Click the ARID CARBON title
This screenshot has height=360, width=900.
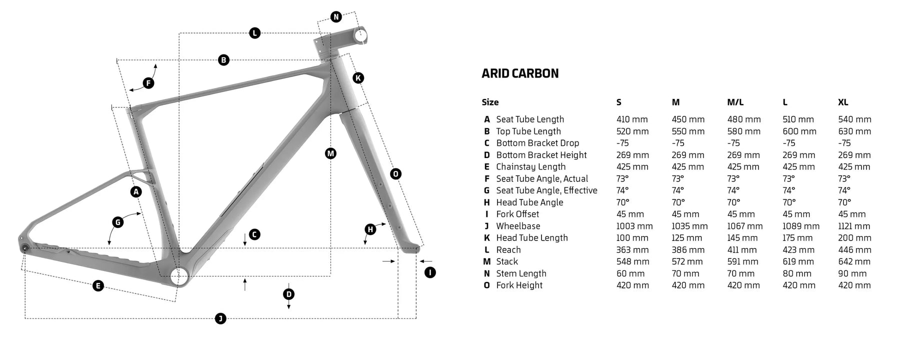[x=520, y=73]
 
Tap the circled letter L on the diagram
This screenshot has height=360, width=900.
[x=254, y=33]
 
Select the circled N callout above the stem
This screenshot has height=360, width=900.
[x=336, y=17]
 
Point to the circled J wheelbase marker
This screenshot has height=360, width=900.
[x=220, y=318]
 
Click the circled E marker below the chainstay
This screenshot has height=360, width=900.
[x=98, y=285]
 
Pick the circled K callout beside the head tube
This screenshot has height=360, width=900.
[x=358, y=78]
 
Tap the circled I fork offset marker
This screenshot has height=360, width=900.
[x=429, y=272]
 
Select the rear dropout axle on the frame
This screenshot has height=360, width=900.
[x=25, y=248]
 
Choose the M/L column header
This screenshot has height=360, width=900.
[x=735, y=102]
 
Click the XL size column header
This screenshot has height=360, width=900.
[x=843, y=102]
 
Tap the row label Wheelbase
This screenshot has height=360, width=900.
[x=518, y=226]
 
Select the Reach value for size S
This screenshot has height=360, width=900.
[x=632, y=250]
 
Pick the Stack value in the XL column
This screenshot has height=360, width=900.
[x=854, y=261]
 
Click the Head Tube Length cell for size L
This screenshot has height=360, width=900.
[x=797, y=238]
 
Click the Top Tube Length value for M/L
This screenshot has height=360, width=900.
[x=743, y=131]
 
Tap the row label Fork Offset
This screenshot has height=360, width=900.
[x=517, y=214]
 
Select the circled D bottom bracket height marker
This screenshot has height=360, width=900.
[x=288, y=294]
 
